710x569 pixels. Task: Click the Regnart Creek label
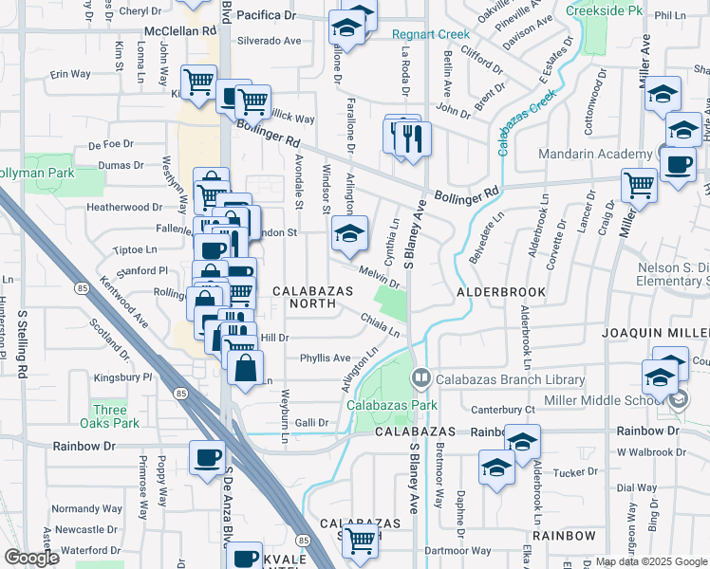(431, 35)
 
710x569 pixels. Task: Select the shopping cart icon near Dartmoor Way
(360, 541)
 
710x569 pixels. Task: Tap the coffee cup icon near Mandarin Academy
(678, 164)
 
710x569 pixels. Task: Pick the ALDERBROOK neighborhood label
(501, 292)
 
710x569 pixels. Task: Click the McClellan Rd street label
(179, 30)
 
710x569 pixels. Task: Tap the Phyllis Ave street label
(326, 358)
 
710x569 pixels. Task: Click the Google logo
(32, 558)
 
